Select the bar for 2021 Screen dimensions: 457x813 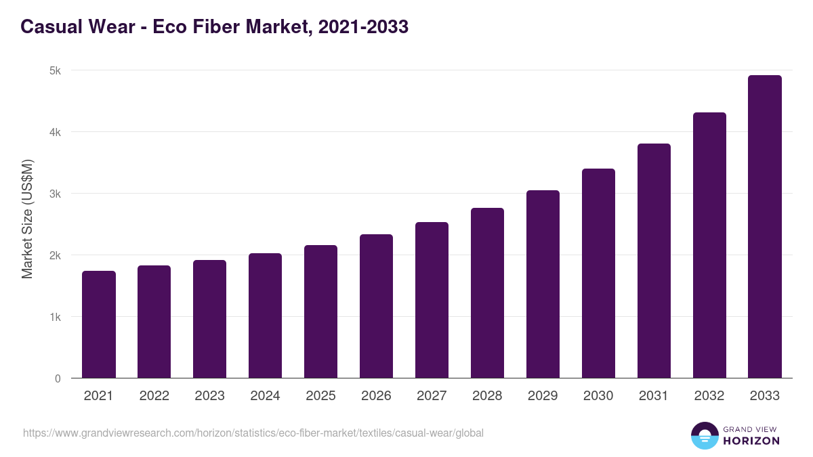(x=99, y=325)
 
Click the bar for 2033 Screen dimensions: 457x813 (x=765, y=227)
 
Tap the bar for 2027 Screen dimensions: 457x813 (x=432, y=300)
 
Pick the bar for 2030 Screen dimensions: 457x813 (x=598, y=274)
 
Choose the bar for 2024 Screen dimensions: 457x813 (x=265, y=315)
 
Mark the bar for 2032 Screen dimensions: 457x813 (x=709, y=245)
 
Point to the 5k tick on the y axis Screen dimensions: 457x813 (x=56, y=70)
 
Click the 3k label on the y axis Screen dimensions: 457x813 (x=56, y=194)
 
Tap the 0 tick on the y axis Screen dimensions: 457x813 (x=58, y=378)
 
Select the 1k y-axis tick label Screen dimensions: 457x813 (x=56, y=317)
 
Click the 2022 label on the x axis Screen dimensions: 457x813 (x=154, y=396)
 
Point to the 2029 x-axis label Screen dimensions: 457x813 (x=543, y=396)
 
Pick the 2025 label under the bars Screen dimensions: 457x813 (x=320, y=396)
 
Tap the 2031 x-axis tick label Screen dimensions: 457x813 (x=654, y=396)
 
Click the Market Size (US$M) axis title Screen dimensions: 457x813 (x=27, y=219)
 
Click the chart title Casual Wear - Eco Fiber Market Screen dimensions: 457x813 (x=214, y=27)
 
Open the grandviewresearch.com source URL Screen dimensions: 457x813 (x=253, y=433)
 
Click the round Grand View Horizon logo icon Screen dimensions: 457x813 (x=704, y=435)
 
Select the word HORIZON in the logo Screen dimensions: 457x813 (x=751, y=441)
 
